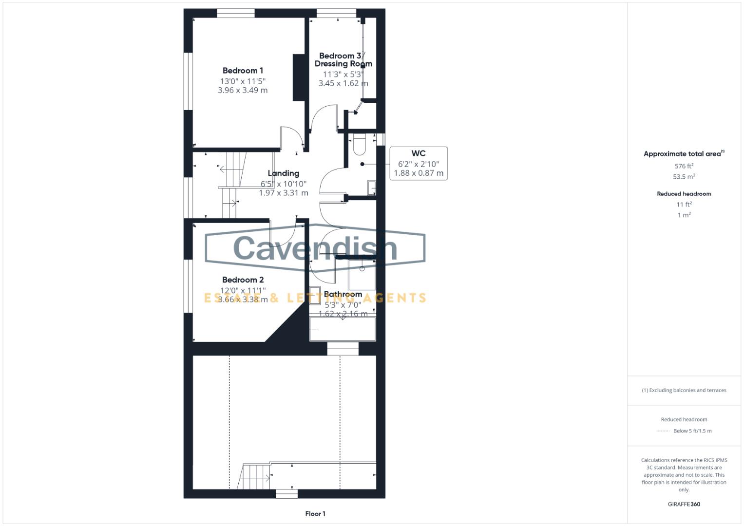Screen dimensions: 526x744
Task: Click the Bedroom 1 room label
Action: tap(243, 71)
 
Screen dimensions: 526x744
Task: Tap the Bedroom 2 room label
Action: tap(243, 280)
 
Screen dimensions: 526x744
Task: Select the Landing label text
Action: tap(283, 173)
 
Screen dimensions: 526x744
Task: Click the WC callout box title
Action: tap(419, 153)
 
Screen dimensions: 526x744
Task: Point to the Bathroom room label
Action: tap(343, 294)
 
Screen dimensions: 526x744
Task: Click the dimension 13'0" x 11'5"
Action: tap(243, 81)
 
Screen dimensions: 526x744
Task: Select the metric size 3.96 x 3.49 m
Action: tap(243, 90)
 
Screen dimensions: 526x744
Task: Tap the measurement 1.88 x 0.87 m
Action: tap(419, 173)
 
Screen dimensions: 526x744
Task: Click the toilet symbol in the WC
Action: tap(359, 144)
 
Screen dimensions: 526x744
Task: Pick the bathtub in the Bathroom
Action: tap(343, 329)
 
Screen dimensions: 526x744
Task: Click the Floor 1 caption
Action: tap(315, 514)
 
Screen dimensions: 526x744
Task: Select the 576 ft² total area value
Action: tap(684, 166)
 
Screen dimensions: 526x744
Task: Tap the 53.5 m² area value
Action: tap(684, 177)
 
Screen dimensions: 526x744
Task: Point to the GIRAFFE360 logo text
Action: tap(684, 504)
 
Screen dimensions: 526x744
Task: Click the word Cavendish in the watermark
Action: tap(315, 248)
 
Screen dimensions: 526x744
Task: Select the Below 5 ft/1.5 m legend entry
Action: tap(692, 431)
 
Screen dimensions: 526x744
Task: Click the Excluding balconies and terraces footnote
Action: tap(684, 390)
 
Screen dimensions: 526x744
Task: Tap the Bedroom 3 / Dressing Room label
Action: tap(343, 60)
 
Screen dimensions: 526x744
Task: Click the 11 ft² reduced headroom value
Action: tap(684, 205)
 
